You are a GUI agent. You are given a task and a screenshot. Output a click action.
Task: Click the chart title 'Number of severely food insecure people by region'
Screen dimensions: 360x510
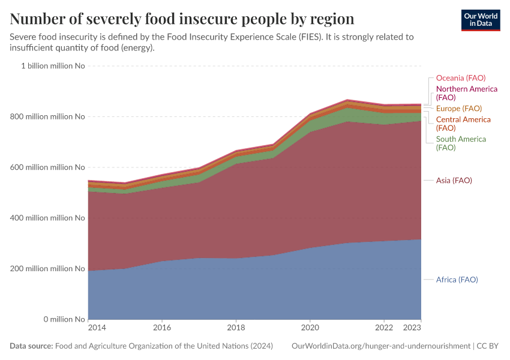[182, 19]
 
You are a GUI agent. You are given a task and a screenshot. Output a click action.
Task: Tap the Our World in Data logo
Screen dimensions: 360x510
[480, 19]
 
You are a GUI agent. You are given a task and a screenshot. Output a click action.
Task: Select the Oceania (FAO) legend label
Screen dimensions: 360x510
[460, 78]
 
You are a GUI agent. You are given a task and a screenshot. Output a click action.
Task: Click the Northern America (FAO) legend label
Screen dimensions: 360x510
[466, 93]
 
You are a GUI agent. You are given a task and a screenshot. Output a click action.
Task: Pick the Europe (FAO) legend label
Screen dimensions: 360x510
[458, 109]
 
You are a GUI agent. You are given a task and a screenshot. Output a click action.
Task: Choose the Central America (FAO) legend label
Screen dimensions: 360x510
[463, 124]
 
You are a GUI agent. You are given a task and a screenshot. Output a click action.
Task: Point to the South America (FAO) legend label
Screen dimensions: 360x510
[460, 143]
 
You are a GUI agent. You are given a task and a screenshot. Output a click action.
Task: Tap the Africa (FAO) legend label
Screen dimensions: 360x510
[457, 280]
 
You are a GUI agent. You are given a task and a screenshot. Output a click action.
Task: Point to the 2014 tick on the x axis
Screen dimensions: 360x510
[97, 328]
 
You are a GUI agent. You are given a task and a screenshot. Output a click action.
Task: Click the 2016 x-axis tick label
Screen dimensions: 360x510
[162, 328]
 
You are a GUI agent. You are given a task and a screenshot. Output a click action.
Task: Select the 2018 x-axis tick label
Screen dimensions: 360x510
[236, 328]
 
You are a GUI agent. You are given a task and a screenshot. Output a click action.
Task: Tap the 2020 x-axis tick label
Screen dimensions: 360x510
[310, 328]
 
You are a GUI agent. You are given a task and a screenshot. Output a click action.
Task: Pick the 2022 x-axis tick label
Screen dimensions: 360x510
[384, 328]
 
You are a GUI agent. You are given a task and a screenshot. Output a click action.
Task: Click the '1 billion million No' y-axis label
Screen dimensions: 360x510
[53, 66]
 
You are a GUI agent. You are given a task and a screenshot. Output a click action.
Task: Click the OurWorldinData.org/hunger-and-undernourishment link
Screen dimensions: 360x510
[380, 346]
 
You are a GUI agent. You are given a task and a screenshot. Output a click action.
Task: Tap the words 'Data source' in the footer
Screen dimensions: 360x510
[31, 346]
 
